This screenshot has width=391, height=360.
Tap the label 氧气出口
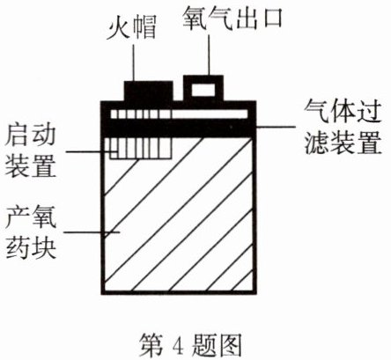point(232,18)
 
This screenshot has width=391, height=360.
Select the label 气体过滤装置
point(343,128)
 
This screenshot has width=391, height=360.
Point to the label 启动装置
point(31,151)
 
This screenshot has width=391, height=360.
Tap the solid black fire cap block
point(148,92)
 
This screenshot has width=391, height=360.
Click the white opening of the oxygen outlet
point(203,90)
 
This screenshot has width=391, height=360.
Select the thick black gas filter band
point(179,128)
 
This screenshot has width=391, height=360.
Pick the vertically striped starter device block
point(140,149)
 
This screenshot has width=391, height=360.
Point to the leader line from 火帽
point(133,62)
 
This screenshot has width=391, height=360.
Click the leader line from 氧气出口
point(209,55)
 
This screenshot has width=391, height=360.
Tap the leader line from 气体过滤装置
point(276,127)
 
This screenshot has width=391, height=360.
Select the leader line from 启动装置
point(92,151)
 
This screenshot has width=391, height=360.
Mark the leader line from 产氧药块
point(92,232)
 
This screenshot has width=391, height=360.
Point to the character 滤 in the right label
point(316,143)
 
